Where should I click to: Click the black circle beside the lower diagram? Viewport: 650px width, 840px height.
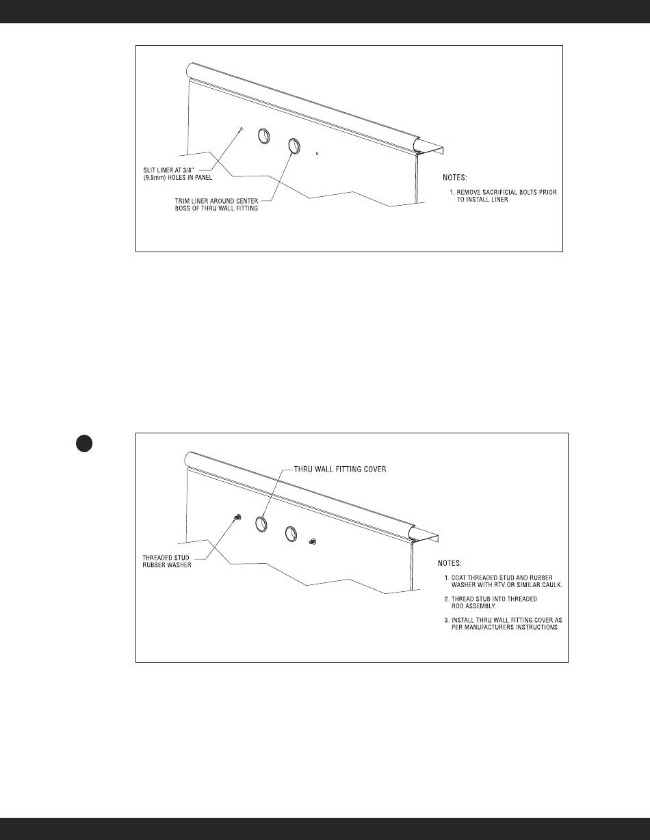click(x=84, y=444)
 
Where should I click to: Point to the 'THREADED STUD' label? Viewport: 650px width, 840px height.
click(x=152, y=558)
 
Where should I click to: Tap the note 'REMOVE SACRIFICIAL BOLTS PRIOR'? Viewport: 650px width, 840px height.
click(x=508, y=193)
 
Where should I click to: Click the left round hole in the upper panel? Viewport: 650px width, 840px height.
click(x=263, y=137)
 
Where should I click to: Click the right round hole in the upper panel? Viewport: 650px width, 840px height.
click(x=294, y=146)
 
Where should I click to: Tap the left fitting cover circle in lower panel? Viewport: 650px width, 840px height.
click(x=261, y=524)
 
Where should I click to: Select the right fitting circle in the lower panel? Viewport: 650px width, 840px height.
click(x=291, y=532)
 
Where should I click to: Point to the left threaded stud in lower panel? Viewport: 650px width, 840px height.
click(x=237, y=517)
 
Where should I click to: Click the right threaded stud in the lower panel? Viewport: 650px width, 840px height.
click(x=312, y=542)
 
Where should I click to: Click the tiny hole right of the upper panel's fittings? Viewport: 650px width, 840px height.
click(x=317, y=154)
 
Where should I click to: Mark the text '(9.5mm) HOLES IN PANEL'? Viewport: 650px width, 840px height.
click(x=165, y=178)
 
